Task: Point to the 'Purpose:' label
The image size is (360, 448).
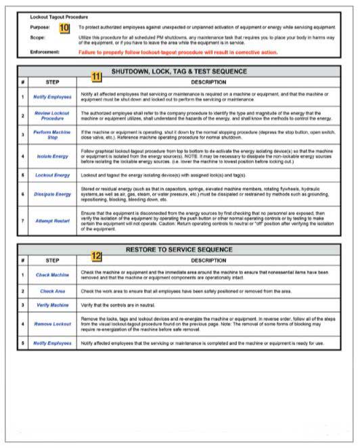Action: click(x=42, y=26)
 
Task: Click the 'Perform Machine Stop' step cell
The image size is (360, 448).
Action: click(x=52, y=135)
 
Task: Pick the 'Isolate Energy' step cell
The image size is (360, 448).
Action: click(x=52, y=156)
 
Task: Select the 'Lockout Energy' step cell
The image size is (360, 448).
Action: click(x=52, y=175)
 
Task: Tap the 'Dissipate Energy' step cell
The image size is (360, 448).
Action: click(x=52, y=194)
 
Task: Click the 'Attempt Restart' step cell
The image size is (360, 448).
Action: click(x=52, y=221)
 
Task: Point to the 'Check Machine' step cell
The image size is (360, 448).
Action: click(x=52, y=275)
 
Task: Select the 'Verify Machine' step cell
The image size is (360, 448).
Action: click(x=52, y=307)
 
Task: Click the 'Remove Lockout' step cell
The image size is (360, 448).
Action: click(x=52, y=325)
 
